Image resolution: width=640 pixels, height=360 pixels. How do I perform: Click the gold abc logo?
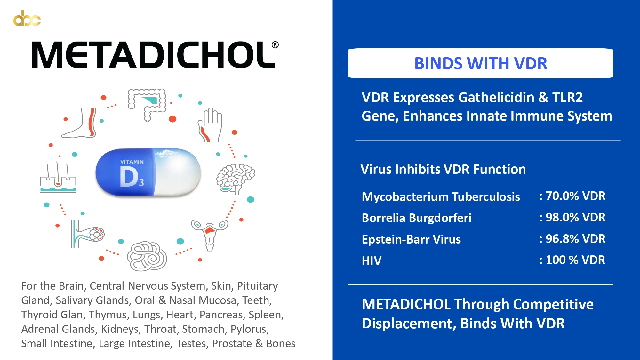(x=27, y=18)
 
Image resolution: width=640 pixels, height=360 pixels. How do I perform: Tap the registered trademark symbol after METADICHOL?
(x=275, y=45)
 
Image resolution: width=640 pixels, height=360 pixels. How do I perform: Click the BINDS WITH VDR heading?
(x=481, y=63)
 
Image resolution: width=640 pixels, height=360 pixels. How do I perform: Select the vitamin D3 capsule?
(x=148, y=172)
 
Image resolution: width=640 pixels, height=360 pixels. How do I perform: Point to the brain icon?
(x=236, y=178)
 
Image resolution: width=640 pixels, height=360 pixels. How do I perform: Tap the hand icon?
(x=210, y=125)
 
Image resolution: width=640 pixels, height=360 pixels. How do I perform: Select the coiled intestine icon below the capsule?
(x=147, y=256)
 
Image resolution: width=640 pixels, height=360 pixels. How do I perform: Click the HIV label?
(x=372, y=261)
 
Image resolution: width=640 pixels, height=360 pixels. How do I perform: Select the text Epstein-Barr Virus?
(x=411, y=239)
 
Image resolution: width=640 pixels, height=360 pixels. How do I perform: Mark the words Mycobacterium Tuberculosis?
(x=441, y=197)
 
